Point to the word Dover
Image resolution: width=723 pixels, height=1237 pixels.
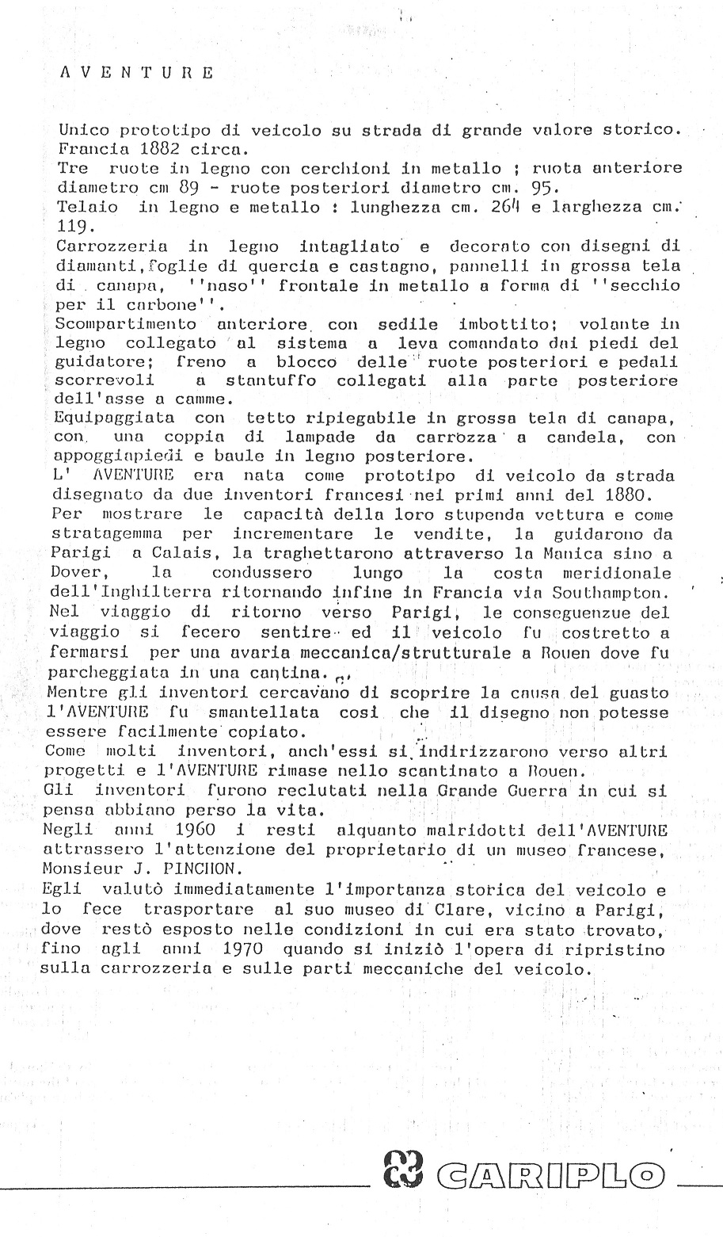coord(82,572)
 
